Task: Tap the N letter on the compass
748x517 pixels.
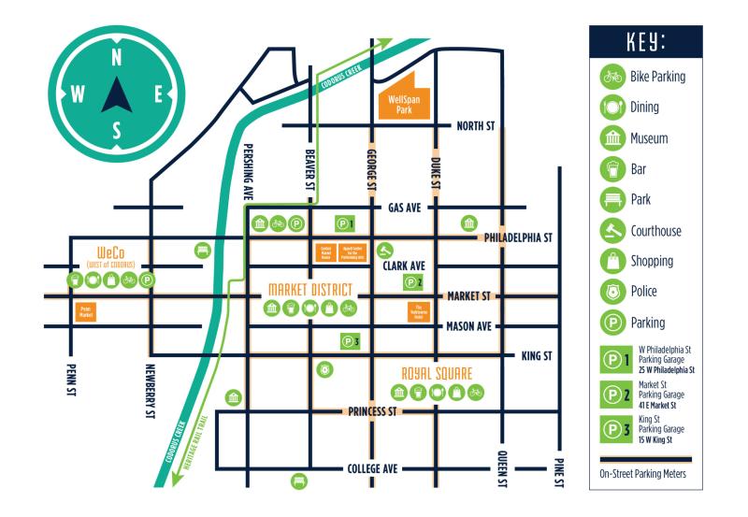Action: [116, 57]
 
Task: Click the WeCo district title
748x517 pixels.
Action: [112, 252]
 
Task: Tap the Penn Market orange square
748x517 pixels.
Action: [87, 310]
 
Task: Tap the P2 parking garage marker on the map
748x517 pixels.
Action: [413, 281]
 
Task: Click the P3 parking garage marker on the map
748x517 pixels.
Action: [350, 341]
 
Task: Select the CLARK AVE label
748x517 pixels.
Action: [406, 266]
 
